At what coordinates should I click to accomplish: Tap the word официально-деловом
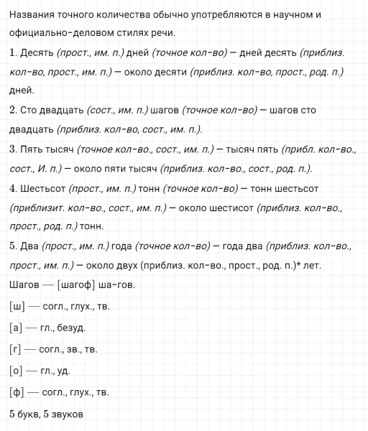[x=63, y=34]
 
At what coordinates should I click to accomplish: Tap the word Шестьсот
[x=43, y=189]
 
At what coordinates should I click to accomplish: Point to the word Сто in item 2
[x=30, y=110]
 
